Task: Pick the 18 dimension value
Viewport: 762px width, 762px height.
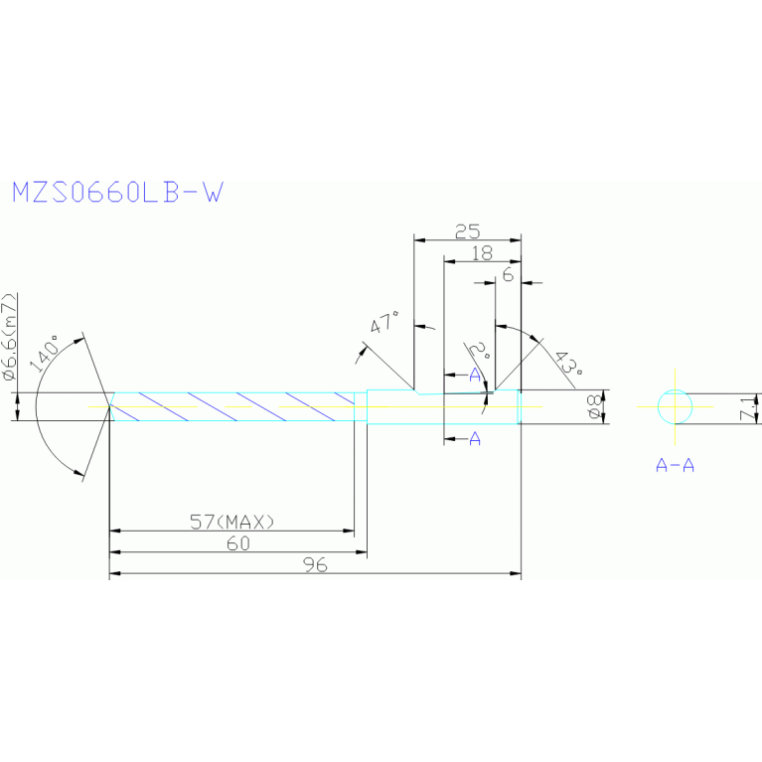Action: (x=482, y=253)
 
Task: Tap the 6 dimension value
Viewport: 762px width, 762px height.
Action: (x=508, y=275)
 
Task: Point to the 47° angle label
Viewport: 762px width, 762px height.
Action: (x=384, y=324)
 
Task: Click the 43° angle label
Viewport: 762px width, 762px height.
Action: (x=567, y=364)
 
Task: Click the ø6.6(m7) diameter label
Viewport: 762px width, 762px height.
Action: (x=9, y=338)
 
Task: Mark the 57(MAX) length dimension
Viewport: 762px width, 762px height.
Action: (x=231, y=521)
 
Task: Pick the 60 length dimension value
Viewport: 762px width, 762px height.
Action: (x=237, y=544)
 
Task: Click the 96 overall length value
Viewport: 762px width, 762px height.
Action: (x=315, y=565)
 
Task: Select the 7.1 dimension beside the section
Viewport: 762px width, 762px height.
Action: (x=752, y=407)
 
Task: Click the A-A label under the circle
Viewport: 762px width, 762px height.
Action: (x=675, y=464)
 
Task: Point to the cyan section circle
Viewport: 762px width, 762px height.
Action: (x=675, y=407)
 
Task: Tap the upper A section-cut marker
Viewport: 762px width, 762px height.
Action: (x=474, y=375)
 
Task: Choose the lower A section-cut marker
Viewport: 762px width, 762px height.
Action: (x=474, y=438)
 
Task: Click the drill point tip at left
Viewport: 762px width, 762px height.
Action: (x=108, y=407)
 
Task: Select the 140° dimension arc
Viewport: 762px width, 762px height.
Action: (x=39, y=407)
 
